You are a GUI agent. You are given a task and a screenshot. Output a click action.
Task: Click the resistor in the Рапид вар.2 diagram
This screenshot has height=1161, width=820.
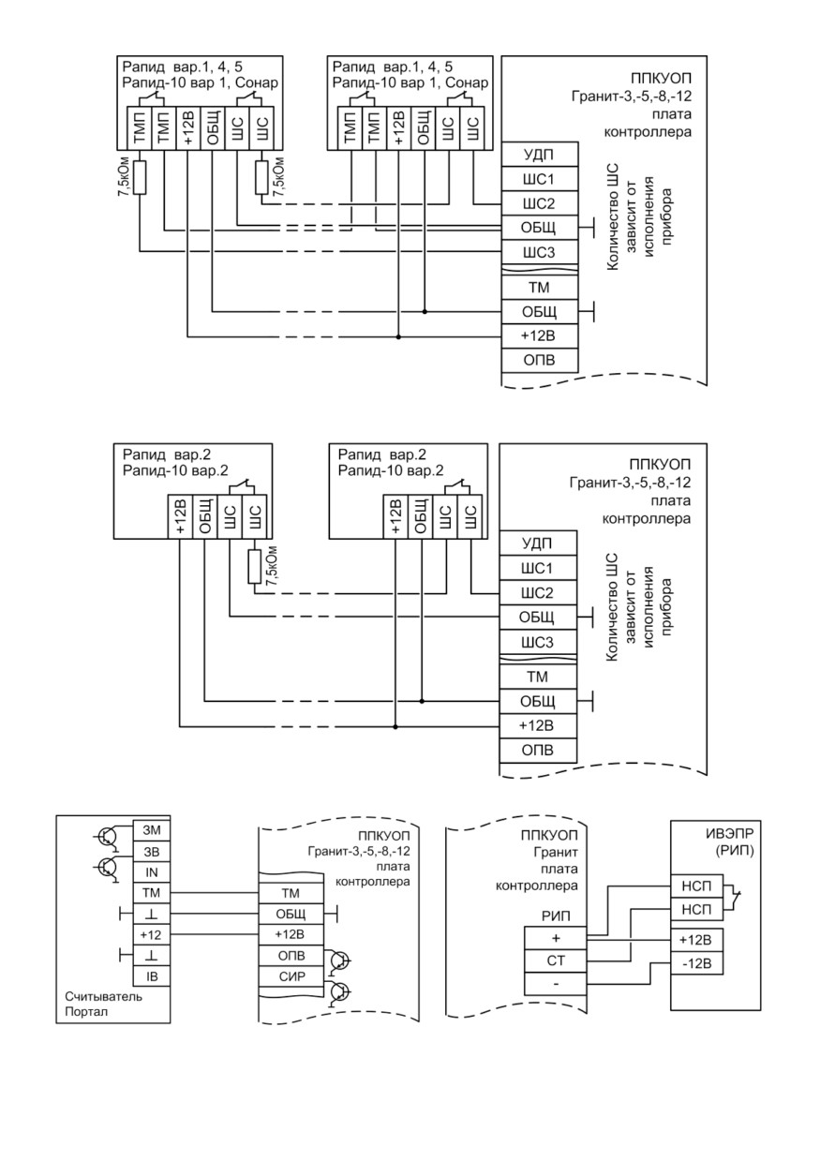(x=254, y=567)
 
